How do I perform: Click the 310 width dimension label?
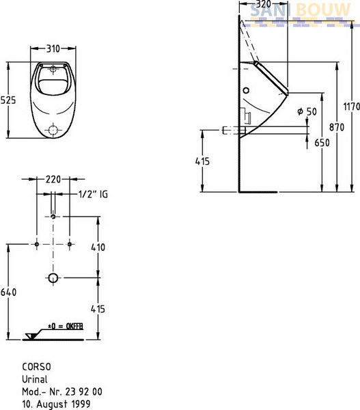[x=53, y=49]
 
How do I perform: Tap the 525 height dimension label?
[x=8, y=100]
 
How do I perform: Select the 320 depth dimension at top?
[x=263, y=4]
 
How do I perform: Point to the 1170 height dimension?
[x=352, y=107]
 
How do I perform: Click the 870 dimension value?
[x=337, y=127]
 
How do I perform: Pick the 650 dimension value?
[x=322, y=143]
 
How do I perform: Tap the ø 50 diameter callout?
[x=307, y=111]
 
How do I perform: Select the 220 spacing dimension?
[x=53, y=179]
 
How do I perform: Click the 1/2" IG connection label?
[x=93, y=194]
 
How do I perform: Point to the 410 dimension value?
[x=98, y=247]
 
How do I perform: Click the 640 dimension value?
[x=8, y=292]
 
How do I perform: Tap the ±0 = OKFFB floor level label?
[x=66, y=327]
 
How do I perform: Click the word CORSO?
[x=37, y=367]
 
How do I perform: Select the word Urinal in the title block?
[x=35, y=379]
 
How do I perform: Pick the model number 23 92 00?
[x=83, y=392]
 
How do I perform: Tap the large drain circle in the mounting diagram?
[x=53, y=277]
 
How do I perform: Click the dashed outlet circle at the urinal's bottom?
[x=53, y=130]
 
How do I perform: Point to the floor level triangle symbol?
[x=31, y=336]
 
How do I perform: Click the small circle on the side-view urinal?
[x=246, y=90]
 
